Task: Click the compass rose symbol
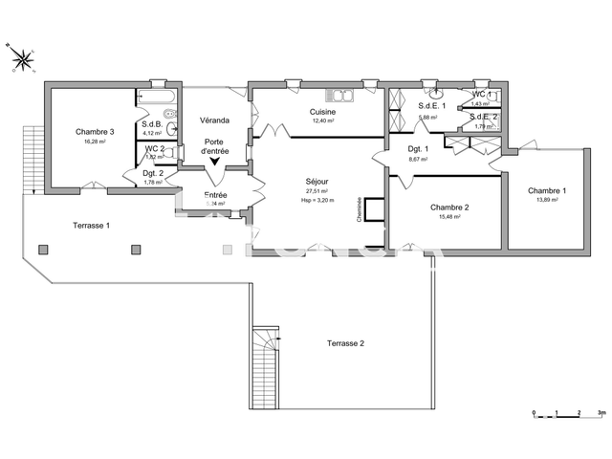(22, 59)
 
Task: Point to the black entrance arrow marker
(214, 162)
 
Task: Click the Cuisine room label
(321, 112)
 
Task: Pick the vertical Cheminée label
(360, 209)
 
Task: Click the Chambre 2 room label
(448, 208)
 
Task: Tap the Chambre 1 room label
(546, 190)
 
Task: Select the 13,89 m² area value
(546, 200)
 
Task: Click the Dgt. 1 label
(418, 149)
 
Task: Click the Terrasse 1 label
(92, 225)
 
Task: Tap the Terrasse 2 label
(345, 342)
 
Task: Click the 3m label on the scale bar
(601, 413)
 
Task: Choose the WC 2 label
(155, 148)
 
